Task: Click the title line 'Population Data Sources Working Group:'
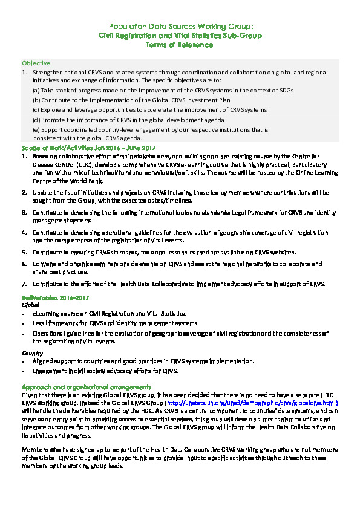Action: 180,27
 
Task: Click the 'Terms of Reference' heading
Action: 180,44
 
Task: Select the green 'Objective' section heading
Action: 36,63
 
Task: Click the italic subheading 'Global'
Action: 30,305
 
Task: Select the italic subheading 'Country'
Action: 32,352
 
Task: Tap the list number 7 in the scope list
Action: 24,284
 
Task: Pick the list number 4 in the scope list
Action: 24,232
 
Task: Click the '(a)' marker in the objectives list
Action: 36,90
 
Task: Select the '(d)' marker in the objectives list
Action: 36,120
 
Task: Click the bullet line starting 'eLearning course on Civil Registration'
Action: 110,314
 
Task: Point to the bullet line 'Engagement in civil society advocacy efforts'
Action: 105,371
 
